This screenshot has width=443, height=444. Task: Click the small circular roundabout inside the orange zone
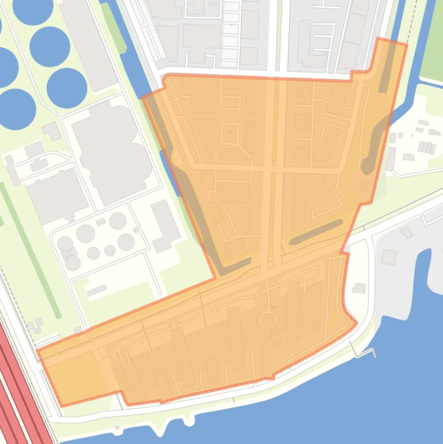268,319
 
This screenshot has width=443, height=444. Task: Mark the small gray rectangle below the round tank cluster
97,290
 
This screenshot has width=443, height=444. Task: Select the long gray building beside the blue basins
89,43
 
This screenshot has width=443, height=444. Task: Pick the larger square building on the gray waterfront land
389,257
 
